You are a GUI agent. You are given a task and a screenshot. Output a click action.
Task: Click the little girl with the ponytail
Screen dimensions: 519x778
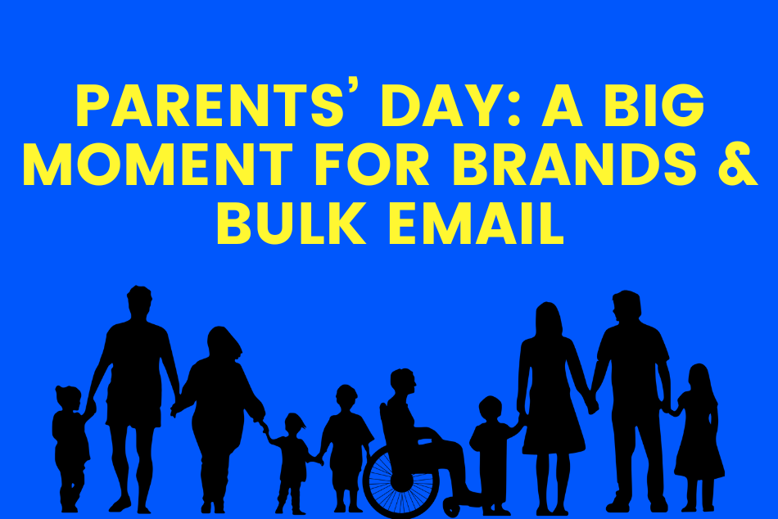pos(293,463)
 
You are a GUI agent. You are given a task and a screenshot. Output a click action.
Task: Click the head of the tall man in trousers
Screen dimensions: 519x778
pos(626,308)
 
